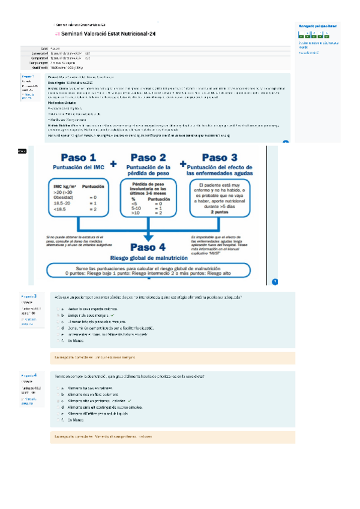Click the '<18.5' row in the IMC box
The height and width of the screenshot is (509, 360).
(x=60, y=209)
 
